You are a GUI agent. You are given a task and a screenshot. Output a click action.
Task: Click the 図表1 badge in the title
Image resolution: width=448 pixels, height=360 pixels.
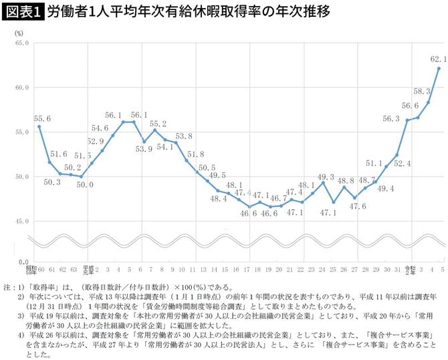(23, 11)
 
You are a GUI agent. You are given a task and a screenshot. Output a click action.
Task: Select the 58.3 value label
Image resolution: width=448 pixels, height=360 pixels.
(423, 91)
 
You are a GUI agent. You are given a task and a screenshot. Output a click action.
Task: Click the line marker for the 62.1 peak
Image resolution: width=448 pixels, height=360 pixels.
(439, 68)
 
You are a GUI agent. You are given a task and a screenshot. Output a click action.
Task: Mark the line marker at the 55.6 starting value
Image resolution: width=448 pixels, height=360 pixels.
(39, 126)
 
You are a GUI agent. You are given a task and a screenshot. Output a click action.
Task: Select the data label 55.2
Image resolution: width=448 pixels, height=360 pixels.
(158, 124)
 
